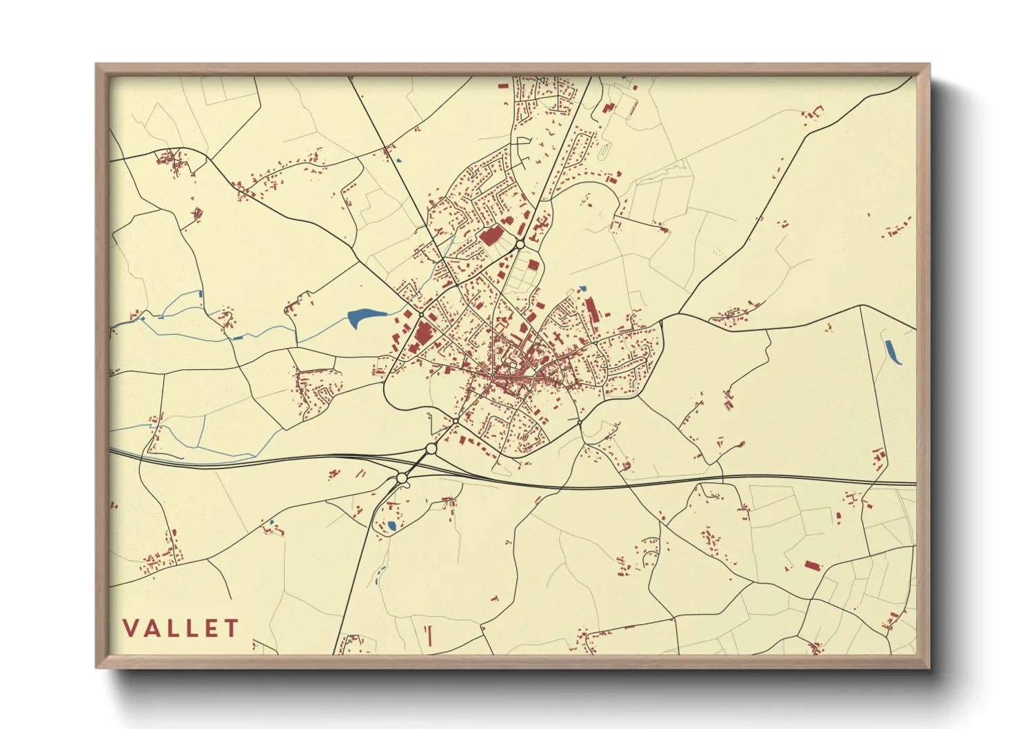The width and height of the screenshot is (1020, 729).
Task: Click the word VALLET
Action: pyautogui.click(x=181, y=628)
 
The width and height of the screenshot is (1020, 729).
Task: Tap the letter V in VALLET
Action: pyautogui.click(x=130, y=628)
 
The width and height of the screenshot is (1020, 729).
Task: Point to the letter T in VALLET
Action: pyautogui.click(x=231, y=628)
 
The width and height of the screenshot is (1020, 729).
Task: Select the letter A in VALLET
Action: pyautogui.click(x=151, y=628)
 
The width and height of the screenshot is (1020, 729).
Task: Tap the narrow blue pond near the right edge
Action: pyautogui.click(x=893, y=352)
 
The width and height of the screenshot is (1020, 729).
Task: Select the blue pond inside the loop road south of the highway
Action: pyautogui.click(x=391, y=526)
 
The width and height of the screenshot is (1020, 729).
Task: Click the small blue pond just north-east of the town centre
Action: pyautogui.click(x=582, y=289)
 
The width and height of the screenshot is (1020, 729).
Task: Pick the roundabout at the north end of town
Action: pyautogui.click(x=520, y=244)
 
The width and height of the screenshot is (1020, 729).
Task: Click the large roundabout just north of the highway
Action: pyautogui.click(x=431, y=449)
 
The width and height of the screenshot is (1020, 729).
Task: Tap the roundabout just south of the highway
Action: pyautogui.click(x=402, y=478)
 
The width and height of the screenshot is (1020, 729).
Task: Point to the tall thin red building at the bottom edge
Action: pyautogui.click(x=429, y=635)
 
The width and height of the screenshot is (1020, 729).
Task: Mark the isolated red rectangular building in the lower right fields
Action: pyautogui.click(x=813, y=566)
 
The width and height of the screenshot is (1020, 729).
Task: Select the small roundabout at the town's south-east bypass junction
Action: pyautogui.click(x=580, y=422)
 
